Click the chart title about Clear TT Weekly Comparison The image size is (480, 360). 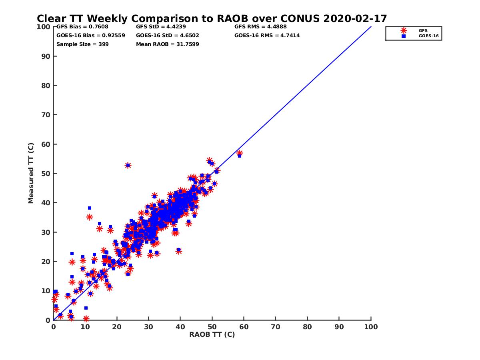(212, 19)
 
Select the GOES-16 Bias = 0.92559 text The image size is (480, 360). (90, 36)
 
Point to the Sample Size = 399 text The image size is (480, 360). (82, 44)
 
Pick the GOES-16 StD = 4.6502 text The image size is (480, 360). (168, 36)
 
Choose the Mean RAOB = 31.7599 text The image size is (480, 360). (168, 44)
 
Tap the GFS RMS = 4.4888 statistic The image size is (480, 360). (260, 27)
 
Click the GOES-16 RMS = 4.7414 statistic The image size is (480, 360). (267, 36)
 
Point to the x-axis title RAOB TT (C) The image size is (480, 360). (212, 334)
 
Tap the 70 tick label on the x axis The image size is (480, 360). (276, 326)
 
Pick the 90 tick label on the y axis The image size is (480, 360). (46, 56)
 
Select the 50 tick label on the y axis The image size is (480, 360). (46, 174)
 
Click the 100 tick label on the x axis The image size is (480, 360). (371, 326)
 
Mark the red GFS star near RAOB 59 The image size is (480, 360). (240, 153)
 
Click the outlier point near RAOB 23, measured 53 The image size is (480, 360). (128, 165)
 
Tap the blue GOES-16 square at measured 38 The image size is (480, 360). (90, 208)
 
